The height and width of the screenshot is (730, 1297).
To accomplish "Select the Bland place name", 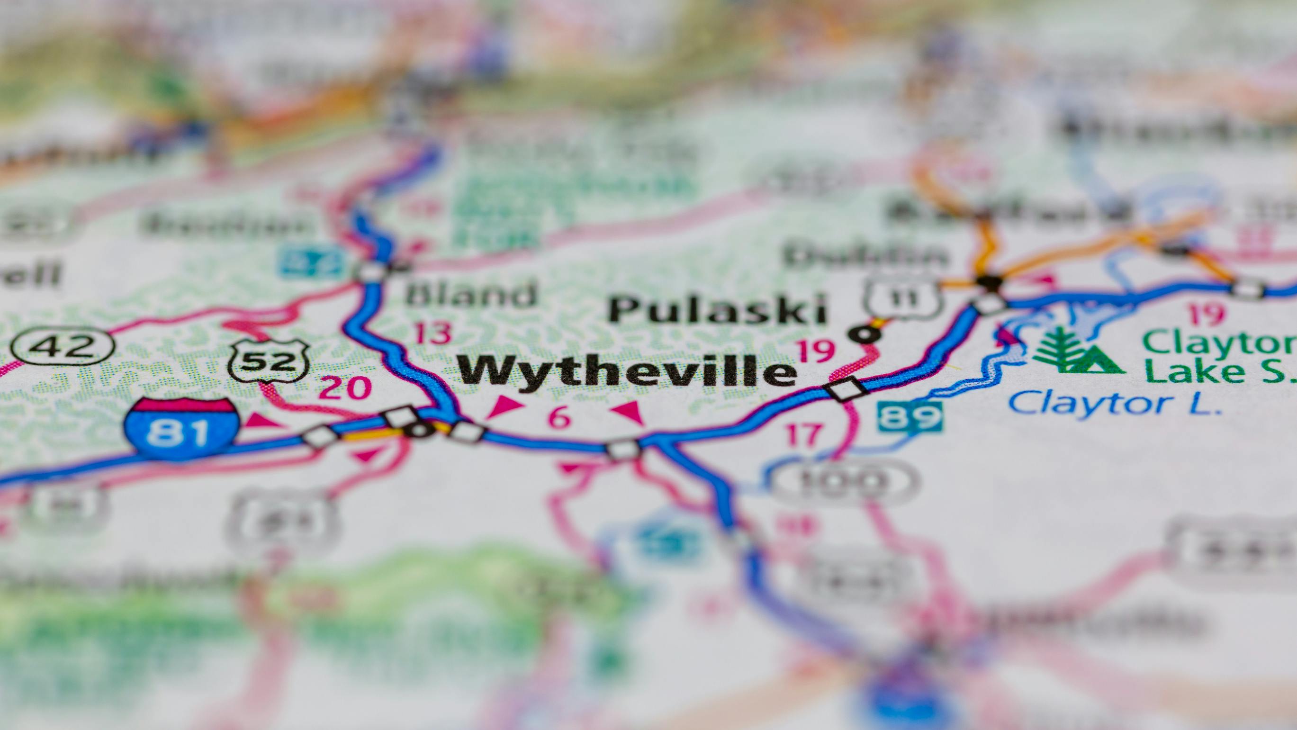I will click(x=471, y=294).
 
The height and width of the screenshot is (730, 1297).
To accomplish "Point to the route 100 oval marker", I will click(x=846, y=481).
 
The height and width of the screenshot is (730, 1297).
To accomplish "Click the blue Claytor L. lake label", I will click(x=1115, y=404).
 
